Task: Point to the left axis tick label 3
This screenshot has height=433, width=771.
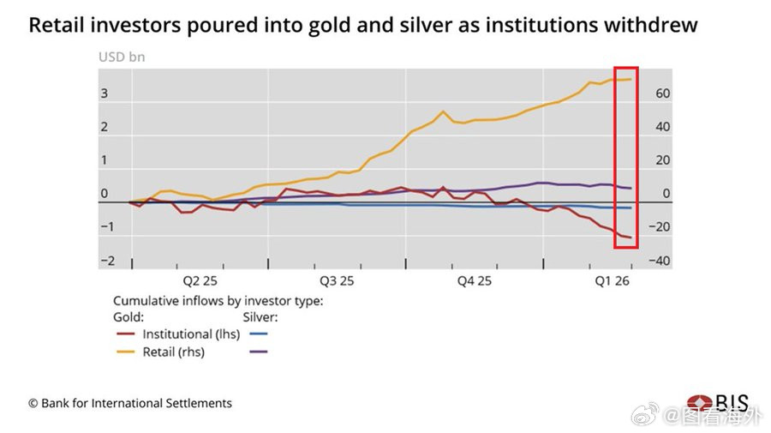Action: pyautogui.click(x=105, y=93)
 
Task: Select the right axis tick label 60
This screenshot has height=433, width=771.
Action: pyautogui.click(x=662, y=93)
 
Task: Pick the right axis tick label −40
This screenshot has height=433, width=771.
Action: pyautogui.click(x=660, y=262)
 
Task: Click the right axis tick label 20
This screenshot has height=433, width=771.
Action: pyautogui.click(x=662, y=160)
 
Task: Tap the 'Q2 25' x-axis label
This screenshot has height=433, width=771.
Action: pyautogui.click(x=200, y=280)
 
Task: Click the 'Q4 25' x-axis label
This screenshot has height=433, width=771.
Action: pyautogui.click(x=474, y=280)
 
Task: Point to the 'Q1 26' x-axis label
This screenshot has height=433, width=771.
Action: pyautogui.click(x=613, y=280)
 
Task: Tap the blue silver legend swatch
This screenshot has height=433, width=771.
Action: pyautogui.click(x=257, y=334)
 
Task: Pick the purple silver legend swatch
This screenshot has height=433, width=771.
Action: pyautogui.click(x=257, y=352)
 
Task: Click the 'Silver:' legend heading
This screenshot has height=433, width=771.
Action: pyautogui.click(x=261, y=317)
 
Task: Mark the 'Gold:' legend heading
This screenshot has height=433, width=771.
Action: pyautogui.click(x=128, y=317)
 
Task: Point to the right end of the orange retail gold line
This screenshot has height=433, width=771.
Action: pyautogui.click(x=631, y=79)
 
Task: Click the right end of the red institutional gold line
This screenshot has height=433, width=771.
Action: pyautogui.click(x=631, y=238)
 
